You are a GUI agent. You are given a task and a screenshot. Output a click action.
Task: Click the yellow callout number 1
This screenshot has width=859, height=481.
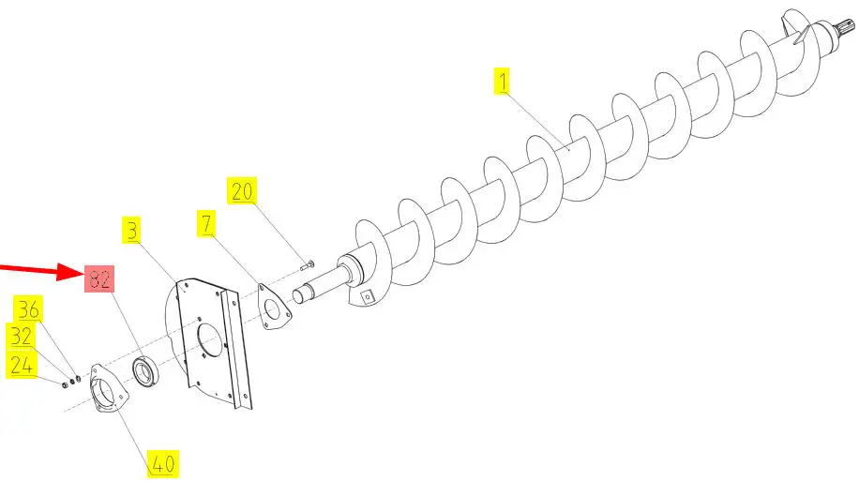[x=502, y=81]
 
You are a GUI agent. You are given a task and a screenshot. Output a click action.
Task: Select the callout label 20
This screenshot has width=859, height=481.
[x=242, y=191]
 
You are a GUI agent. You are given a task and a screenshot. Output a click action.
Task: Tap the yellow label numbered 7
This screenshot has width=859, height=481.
[x=206, y=223]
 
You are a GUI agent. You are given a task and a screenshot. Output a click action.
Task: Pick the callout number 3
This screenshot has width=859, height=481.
[x=131, y=230]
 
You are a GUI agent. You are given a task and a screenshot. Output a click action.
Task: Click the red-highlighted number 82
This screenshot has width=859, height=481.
[x=99, y=278]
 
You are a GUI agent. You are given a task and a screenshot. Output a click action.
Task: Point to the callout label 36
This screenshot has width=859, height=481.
[x=28, y=309]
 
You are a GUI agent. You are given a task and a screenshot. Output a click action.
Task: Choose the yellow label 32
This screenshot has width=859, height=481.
[x=21, y=336]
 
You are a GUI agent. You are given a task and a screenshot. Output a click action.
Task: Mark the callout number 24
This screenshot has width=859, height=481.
[x=21, y=366]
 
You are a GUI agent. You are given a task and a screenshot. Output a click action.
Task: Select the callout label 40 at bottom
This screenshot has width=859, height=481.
[x=163, y=464]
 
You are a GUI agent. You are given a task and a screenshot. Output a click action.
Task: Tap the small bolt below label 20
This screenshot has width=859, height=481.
[x=307, y=265]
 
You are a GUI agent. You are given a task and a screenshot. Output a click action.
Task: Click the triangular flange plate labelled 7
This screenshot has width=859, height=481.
[x=274, y=308]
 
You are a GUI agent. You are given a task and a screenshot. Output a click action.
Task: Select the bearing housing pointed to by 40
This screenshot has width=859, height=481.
[x=109, y=389]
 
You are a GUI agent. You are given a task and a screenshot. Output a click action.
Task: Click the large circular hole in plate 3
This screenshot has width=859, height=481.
[x=209, y=339]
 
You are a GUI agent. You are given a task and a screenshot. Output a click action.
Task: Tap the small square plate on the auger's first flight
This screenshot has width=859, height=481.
[x=368, y=297]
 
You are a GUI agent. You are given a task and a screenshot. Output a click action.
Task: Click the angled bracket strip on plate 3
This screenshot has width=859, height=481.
[x=236, y=350]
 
